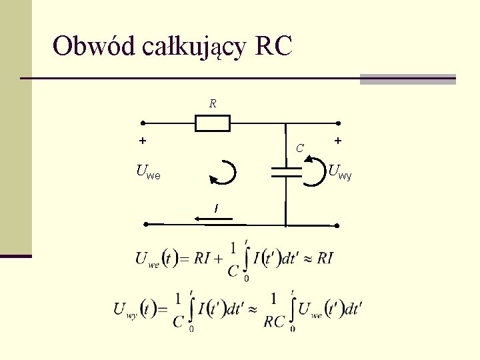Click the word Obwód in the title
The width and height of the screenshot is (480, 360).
94,47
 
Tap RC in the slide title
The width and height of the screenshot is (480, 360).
273,47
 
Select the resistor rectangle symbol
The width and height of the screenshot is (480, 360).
213,123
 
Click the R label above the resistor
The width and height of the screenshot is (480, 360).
213,104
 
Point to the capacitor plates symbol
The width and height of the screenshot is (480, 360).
285,172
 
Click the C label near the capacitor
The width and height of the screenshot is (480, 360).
301,148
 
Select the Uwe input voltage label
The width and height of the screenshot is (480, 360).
147,173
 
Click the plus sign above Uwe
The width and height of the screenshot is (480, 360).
142,141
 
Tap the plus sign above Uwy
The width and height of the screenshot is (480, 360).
338,141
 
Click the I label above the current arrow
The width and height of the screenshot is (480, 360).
215,208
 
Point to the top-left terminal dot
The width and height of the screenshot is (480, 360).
142,123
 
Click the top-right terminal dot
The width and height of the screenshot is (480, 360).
338,123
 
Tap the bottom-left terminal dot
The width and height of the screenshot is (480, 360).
146,225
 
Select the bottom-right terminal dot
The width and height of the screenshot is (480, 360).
337,225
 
